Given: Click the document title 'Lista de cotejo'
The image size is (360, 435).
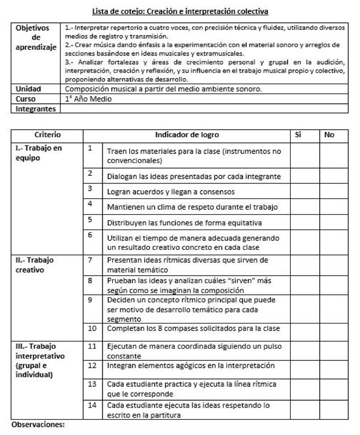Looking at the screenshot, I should (x=180, y=11).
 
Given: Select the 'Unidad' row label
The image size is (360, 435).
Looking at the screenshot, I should (x=29, y=88).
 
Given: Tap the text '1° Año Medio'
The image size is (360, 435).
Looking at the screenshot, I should (x=88, y=99).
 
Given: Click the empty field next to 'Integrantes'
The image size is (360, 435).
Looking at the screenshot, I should (x=203, y=109).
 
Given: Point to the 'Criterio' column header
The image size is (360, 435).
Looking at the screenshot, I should (x=47, y=135).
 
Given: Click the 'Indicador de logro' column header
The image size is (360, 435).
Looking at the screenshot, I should (x=187, y=135).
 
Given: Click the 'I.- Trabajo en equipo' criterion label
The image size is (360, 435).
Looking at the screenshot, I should (x=38, y=153).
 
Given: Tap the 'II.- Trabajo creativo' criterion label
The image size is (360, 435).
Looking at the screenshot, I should (x=34, y=264).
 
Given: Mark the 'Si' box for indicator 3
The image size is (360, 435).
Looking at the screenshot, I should (x=305, y=191).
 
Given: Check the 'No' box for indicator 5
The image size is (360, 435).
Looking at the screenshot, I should (x=334, y=222).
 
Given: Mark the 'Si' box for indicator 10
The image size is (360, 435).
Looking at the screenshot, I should (x=305, y=328).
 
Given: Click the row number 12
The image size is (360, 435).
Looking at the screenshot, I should (x=92, y=365).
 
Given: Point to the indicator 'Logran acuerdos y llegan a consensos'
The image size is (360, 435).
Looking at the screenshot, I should (x=171, y=191).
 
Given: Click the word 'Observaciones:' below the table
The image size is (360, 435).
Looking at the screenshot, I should (x=38, y=425).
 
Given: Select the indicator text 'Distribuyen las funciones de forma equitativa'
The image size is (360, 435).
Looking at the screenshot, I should (x=184, y=222).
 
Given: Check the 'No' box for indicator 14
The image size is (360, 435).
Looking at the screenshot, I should (x=334, y=410).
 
